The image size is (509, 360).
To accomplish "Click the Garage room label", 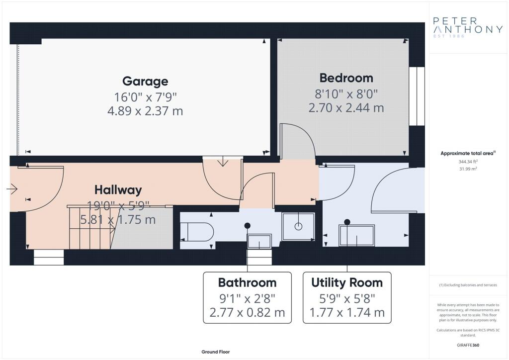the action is pos(145,81).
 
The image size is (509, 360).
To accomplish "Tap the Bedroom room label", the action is pos(346,78).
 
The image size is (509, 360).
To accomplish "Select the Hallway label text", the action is pos(118,190).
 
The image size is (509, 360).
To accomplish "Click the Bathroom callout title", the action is pos(247,282).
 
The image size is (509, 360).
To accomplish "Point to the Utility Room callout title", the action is pos(346,282).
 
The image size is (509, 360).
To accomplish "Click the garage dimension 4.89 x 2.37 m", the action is pos(145,111).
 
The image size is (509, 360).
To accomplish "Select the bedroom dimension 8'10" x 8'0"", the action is pos(346,94).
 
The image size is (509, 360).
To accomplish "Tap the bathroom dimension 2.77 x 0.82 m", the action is pos(247,312).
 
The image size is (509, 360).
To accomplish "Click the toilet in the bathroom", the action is pos(197,232).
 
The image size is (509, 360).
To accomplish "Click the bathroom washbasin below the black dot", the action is pos(259,241).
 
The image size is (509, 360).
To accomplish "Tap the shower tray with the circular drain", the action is pos(298,227).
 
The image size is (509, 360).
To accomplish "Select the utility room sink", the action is pos(357,235).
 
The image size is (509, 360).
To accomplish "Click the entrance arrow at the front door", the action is pos(12,188).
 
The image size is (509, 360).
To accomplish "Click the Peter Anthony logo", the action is pos(468,27).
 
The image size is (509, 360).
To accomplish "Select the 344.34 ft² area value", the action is pos(468,161).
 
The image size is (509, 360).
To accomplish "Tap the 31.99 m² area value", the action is pos(468,169).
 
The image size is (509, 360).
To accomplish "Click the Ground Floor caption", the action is pos(216,352).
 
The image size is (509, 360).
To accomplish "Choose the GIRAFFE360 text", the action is pos(468,345).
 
